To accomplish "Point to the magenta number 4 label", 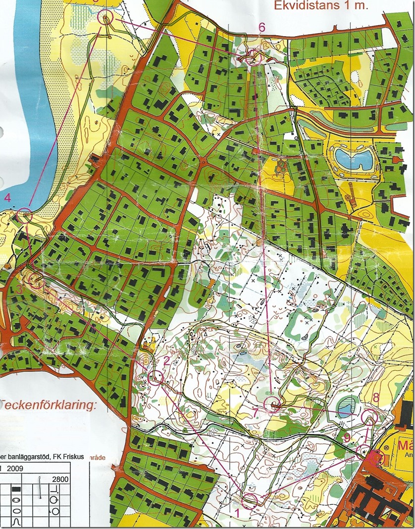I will coord(7,198).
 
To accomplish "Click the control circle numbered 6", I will coord(255,58).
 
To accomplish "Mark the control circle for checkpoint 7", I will coord(272,405).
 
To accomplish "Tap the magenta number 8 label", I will coord(376,397).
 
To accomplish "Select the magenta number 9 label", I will coord(347,438).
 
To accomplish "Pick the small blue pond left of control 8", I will coord(346,407).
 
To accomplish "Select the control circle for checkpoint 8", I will coord(369,417).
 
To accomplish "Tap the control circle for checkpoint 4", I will coord(24,216).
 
